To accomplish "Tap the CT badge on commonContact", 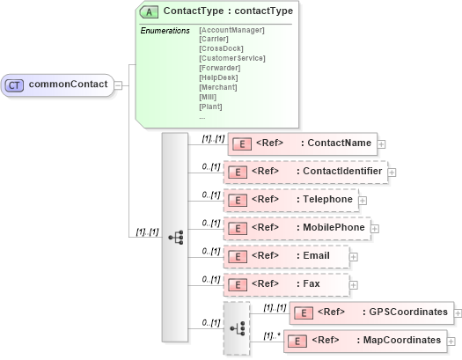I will point(15,85).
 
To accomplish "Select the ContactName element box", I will point(302,143).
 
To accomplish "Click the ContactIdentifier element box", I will point(304,172).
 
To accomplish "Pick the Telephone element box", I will point(290,200).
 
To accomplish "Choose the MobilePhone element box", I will point(296,228).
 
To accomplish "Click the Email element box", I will point(286,256).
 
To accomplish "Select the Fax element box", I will point(286,284).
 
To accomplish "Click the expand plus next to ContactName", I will point(382,143).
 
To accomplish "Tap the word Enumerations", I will point(165,31).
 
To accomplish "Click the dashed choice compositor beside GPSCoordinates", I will point(237,327).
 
